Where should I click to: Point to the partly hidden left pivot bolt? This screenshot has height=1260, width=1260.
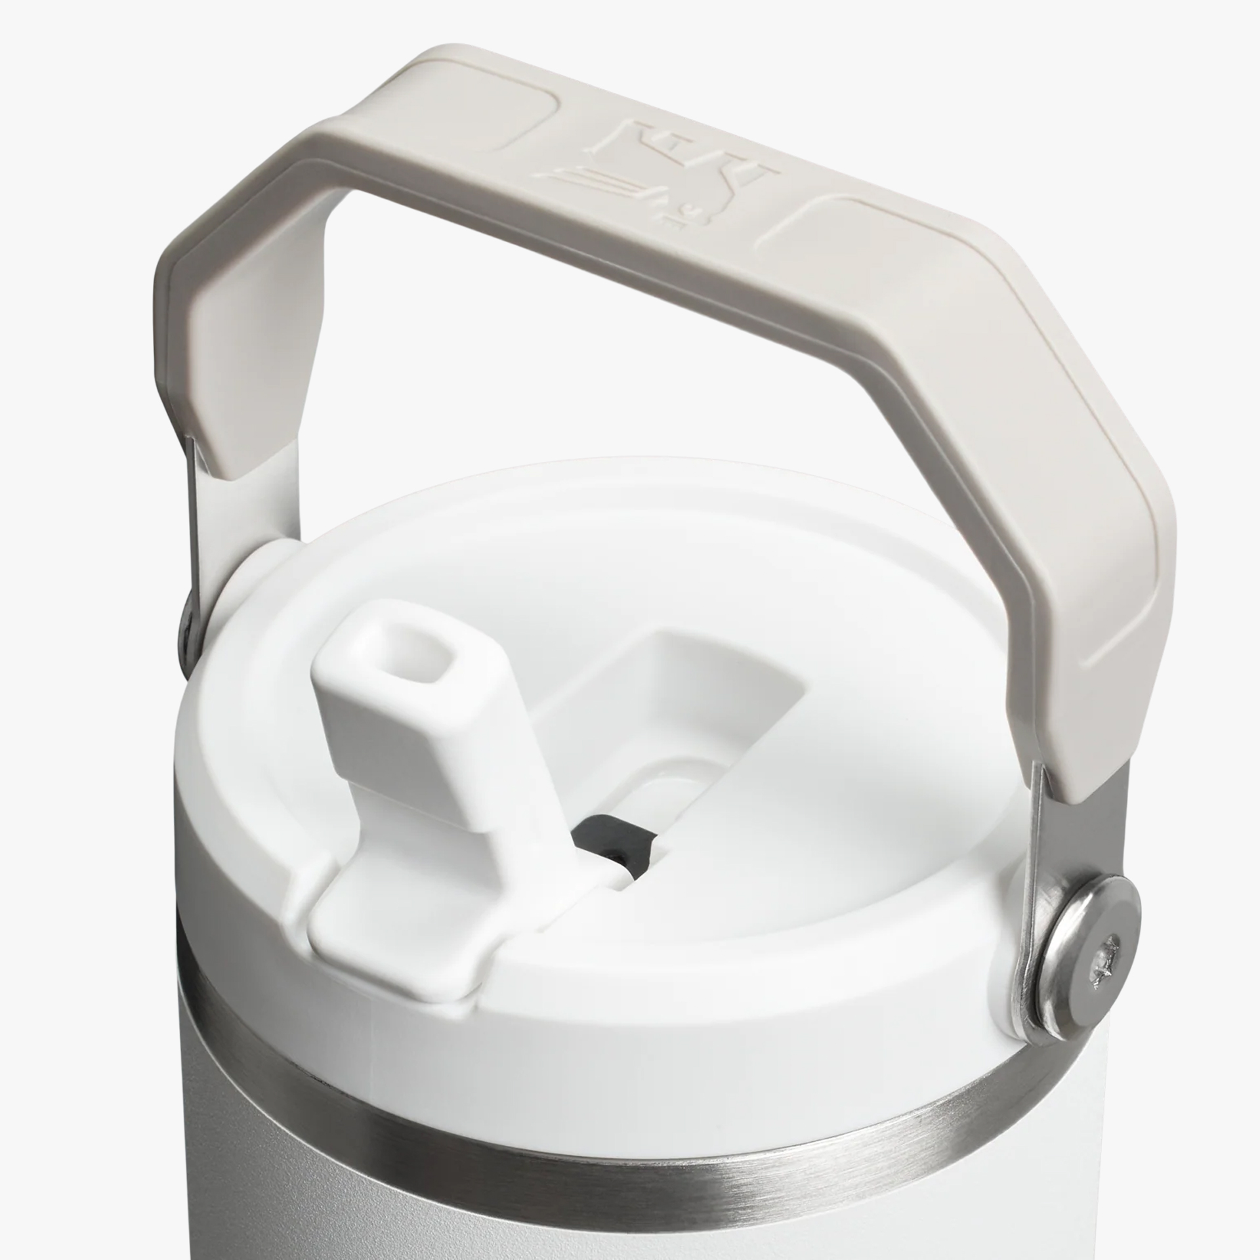(188, 621)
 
